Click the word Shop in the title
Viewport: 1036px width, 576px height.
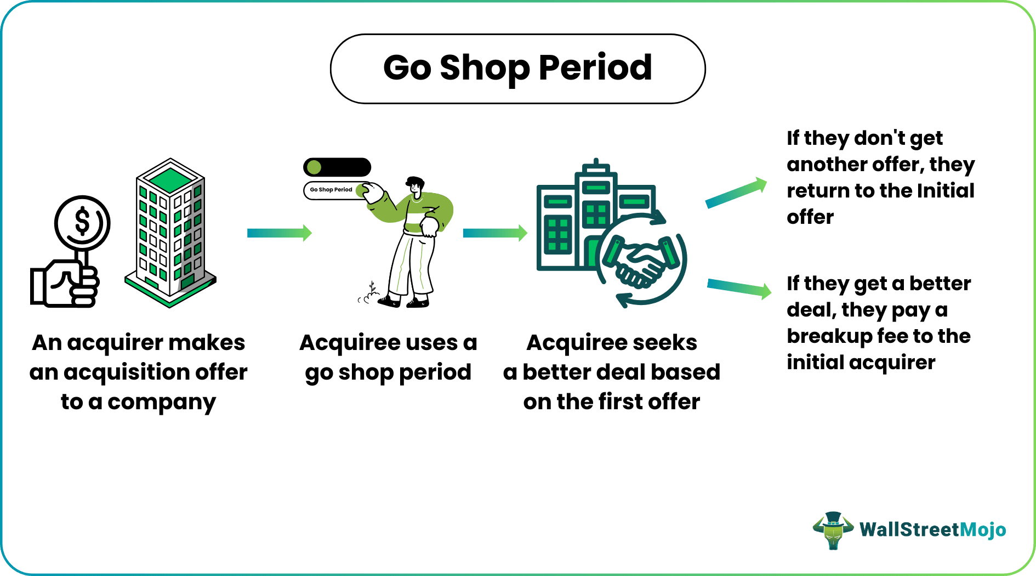tap(485, 69)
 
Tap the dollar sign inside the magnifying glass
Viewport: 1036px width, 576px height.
tap(82, 222)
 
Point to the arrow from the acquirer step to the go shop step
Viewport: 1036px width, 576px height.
tap(279, 233)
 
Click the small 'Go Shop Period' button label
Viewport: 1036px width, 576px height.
tap(331, 190)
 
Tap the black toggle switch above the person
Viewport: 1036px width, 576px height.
tap(337, 167)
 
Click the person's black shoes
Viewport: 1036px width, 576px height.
tap(403, 301)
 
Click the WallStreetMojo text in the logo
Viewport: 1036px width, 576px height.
tap(932, 530)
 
